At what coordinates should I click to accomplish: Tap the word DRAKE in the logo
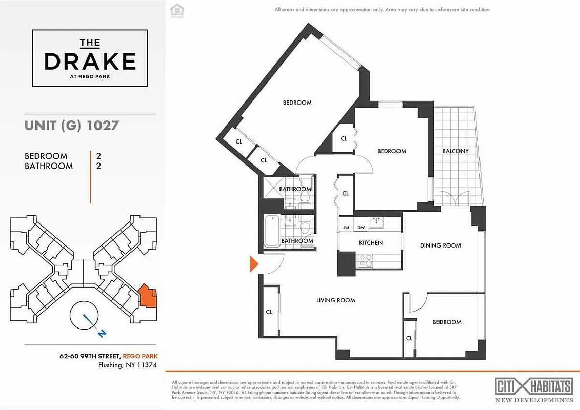90,61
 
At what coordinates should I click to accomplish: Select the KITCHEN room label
370,242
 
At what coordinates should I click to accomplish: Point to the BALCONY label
455,151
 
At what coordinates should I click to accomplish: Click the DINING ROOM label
440,245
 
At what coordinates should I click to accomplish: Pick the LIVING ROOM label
335,300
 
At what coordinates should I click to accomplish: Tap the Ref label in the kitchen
346,228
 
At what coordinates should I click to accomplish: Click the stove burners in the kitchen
366,261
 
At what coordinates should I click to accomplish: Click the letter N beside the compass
102,334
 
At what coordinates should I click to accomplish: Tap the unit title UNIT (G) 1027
71,125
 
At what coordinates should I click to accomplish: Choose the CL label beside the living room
269,312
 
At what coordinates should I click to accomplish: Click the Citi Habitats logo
533,386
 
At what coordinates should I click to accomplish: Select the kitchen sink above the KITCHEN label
378,222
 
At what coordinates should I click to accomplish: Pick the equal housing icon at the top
176,10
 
